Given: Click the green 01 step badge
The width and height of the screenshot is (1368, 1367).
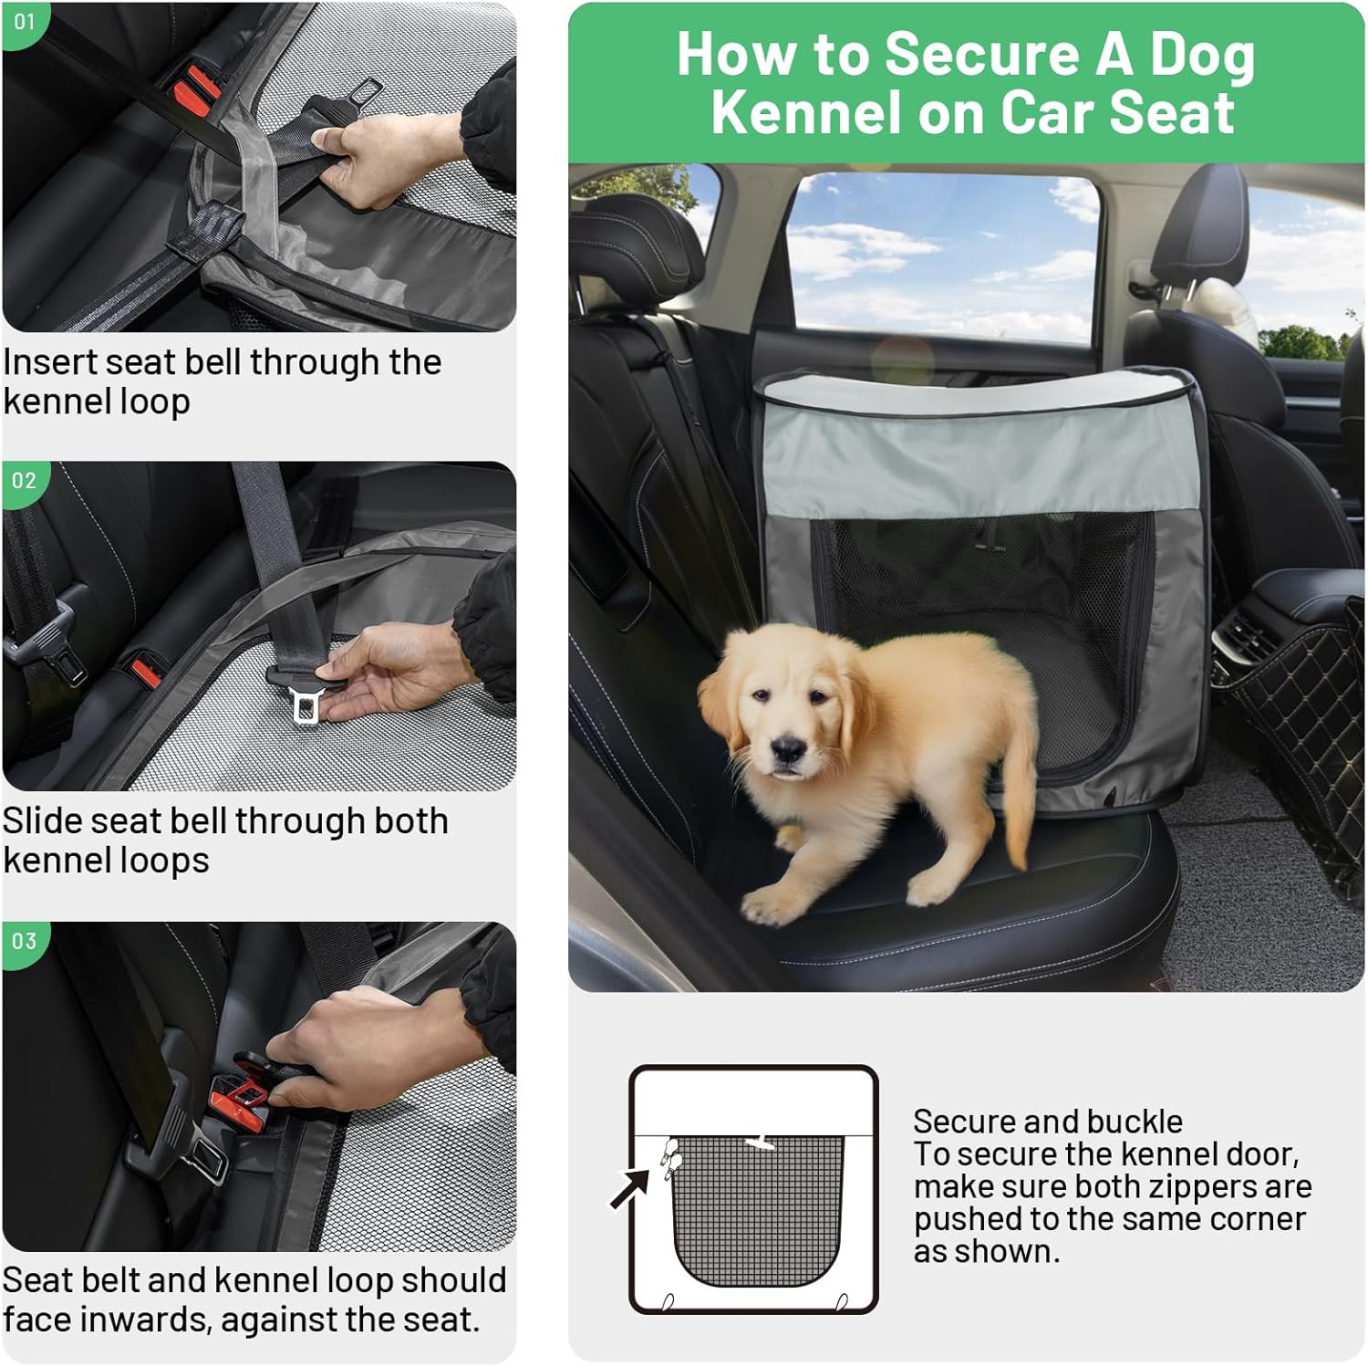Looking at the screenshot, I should pos(24,22).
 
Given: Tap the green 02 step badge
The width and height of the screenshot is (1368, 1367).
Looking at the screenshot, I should pos(24,481).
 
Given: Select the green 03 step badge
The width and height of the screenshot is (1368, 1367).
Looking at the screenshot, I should pos(24,941).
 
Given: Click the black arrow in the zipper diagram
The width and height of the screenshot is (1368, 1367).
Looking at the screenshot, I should pos(630,1188).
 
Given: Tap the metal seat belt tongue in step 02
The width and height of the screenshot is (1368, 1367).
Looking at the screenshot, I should pos(304,704).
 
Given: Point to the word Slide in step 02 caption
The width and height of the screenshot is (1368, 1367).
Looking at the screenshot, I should pos(41,821).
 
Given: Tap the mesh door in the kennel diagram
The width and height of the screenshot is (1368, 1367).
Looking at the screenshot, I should pos(757,1205).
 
